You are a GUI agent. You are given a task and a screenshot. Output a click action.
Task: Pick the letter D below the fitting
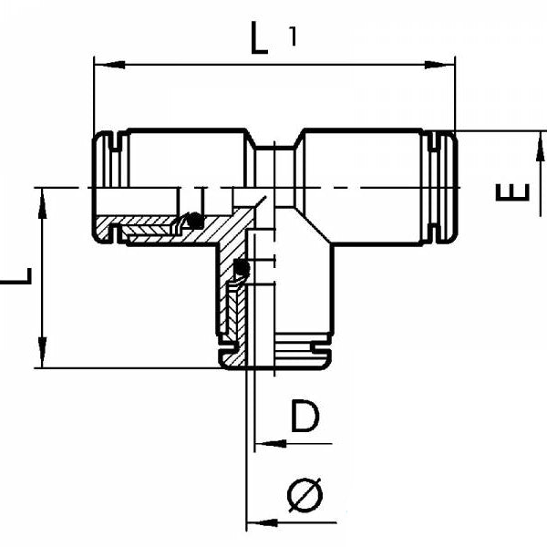coord(305,417)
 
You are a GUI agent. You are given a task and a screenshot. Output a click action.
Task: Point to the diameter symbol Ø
coord(304,495)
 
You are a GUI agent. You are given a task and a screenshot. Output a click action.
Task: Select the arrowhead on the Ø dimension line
coord(256,523)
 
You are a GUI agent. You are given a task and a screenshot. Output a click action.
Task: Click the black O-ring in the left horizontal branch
coord(192,220)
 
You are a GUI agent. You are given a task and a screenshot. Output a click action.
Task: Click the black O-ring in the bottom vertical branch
coord(241,268)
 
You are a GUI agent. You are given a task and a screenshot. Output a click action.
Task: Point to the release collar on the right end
coord(445,187)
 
